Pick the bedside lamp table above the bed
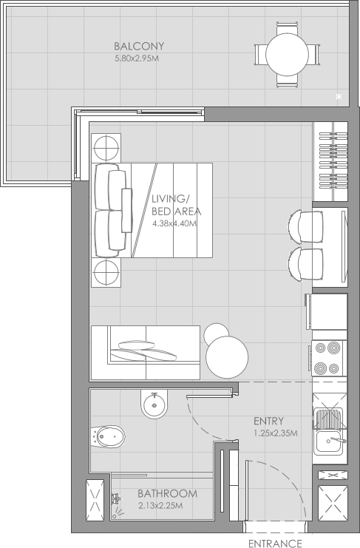106,146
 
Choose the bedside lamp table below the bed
106,271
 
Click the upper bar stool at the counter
305,226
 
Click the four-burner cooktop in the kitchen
327,358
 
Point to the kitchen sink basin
327,443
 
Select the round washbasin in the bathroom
154,404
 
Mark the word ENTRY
268,422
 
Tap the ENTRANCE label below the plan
274,543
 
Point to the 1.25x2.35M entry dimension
275,433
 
